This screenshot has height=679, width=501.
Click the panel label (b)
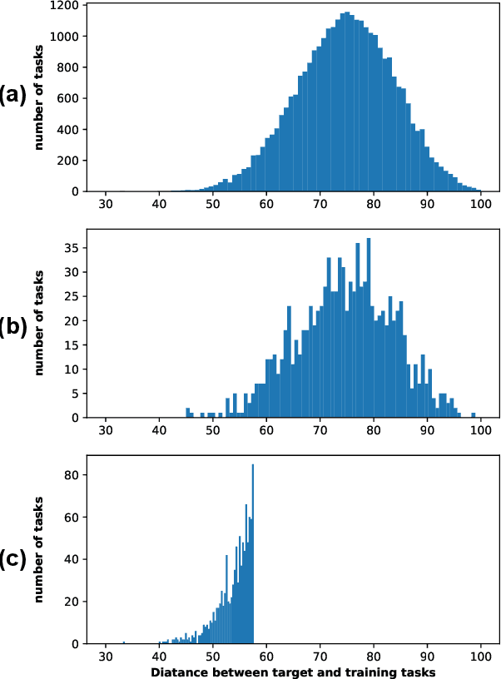click(13, 325)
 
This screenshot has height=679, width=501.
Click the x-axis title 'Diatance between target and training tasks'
click(293, 671)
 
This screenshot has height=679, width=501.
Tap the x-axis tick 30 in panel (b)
click(106, 431)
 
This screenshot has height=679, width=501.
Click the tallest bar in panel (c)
click(252, 554)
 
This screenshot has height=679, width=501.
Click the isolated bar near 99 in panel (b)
click(474, 415)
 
